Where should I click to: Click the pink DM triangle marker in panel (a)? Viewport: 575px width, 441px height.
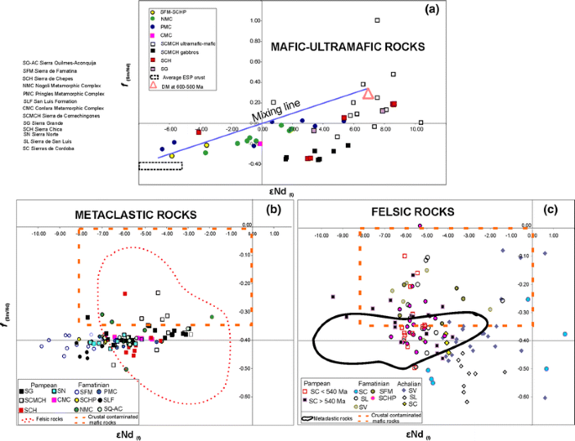[368, 96]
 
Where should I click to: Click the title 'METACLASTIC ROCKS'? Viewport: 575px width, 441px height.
[135, 215]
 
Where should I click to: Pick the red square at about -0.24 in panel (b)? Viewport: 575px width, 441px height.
[124, 293]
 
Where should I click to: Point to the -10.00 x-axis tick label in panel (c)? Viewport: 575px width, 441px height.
[321, 237]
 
